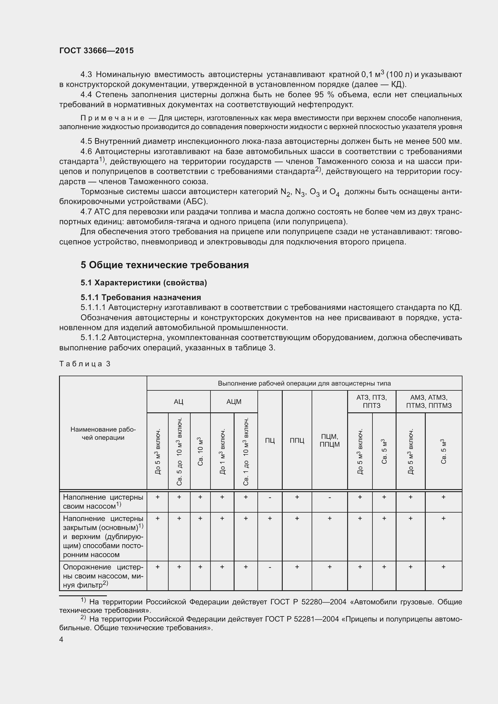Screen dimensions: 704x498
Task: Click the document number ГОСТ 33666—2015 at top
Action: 96,51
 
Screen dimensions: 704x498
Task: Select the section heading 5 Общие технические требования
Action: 165,265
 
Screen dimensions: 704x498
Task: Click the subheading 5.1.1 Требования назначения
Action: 141,297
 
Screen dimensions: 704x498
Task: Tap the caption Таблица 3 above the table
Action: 85,364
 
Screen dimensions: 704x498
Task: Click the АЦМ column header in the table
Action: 234,402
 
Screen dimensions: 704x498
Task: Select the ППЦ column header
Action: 297,441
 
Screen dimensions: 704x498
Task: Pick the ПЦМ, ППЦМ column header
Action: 329,441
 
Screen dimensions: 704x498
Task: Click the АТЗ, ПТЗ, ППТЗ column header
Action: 371,402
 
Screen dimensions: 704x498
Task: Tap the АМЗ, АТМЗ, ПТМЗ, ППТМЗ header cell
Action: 429,402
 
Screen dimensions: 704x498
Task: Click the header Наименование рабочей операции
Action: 103,433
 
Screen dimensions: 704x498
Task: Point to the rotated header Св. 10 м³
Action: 200,452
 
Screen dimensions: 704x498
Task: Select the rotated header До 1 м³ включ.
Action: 222,452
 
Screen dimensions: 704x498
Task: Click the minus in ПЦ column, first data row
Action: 269,497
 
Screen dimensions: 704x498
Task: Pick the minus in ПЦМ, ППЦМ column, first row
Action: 329,497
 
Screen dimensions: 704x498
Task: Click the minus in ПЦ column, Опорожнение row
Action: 269,567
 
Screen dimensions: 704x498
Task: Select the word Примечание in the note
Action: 112,118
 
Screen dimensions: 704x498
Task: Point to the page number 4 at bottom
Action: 61,639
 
